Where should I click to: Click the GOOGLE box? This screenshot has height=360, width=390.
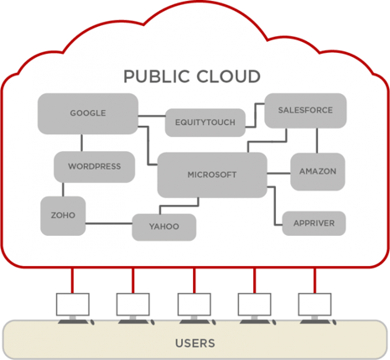[x=88, y=113]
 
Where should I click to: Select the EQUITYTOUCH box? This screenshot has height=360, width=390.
[x=205, y=123]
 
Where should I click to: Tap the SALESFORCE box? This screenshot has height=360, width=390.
[x=305, y=111]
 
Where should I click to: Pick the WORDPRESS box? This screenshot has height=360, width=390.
[x=95, y=167]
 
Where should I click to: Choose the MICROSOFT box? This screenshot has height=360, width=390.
[x=212, y=175]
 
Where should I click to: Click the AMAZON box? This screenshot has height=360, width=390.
[x=318, y=171]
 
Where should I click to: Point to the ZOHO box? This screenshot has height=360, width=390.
[x=63, y=216]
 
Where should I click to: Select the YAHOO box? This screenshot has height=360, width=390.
[x=164, y=227]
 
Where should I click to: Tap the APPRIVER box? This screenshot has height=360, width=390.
[x=314, y=223]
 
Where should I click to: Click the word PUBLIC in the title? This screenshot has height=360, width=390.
[x=157, y=76]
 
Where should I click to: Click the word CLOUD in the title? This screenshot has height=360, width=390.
[x=228, y=76]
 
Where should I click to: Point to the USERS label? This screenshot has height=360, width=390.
[x=195, y=343]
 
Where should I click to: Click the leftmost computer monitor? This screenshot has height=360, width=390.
[x=73, y=305]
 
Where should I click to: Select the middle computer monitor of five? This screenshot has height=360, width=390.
[x=195, y=305]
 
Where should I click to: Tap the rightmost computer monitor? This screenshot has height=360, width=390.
[x=315, y=305]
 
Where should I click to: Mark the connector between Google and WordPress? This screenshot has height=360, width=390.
[x=81, y=143]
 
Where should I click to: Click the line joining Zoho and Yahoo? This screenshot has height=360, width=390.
[x=109, y=223]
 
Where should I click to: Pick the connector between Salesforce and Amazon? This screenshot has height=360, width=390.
[x=317, y=140]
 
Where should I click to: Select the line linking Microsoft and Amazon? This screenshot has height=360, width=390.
[x=278, y=174]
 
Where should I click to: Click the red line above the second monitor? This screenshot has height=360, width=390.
[x=133, y=280]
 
